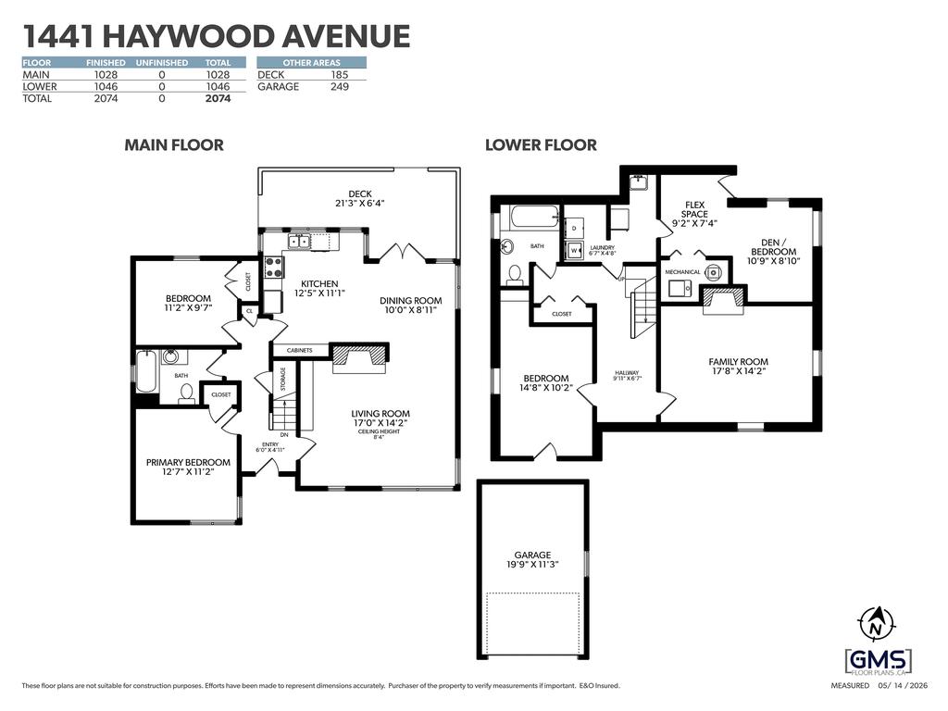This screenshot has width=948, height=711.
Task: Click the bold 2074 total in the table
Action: point(218,98)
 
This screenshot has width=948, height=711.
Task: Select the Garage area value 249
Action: point(340,86)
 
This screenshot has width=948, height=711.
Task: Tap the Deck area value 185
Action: point(340,75)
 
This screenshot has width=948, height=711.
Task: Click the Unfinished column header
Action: point(161,63)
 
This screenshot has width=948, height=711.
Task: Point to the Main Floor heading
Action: point(174,145)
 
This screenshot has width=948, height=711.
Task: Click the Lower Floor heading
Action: point(541,145)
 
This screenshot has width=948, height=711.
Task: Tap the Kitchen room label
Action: point(319,283)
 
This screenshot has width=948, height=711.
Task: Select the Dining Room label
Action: point(410,301)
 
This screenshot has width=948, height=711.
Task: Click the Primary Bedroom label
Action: point(188,463)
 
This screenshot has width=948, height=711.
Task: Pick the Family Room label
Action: point(738,362)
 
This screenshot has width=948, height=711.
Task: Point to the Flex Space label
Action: point(694,209)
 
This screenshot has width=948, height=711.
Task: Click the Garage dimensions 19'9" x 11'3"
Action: point(532,564)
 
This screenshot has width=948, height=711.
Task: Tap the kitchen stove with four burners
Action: point(274,267)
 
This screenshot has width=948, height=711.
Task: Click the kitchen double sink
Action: point(299,242)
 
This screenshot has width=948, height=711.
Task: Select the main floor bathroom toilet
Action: point(186,393)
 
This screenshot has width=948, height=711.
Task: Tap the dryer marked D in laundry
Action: point(574,228)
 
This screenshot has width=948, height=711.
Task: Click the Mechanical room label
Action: point(682,272)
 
